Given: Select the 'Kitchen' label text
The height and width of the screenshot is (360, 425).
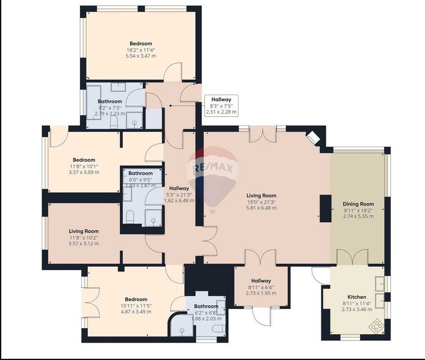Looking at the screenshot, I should (x=357, y=297).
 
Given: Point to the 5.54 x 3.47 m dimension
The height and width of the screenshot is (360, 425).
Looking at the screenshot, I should (x=140, y=56).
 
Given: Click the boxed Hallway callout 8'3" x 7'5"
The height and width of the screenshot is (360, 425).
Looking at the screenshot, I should (x=221, y=105).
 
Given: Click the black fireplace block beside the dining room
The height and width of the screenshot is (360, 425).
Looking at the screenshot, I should (x=325, y=208).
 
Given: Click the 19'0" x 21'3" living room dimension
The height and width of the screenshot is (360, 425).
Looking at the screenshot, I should (x=261, y=202).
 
